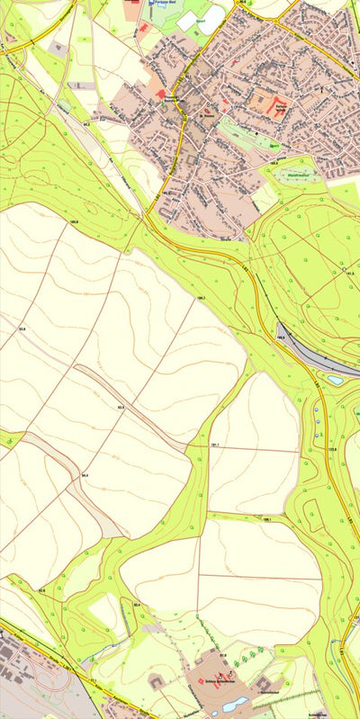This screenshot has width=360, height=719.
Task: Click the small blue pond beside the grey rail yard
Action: tap(335, 381)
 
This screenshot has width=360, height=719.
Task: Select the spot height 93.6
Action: tap(22, 331)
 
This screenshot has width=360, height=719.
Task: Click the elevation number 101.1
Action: tap(215, 445)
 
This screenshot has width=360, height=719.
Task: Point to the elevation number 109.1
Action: tap(267, 519)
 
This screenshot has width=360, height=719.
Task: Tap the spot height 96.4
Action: tap(85, 474)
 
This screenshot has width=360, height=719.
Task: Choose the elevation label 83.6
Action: tap(41, 590)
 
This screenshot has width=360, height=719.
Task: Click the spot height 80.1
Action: tap(137, 606)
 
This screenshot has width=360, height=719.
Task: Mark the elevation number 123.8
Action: tap(332, 448)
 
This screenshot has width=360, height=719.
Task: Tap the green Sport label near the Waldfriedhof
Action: tap(274, 145)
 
